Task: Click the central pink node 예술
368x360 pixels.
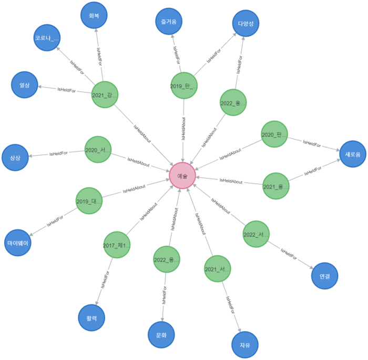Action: tap(182, 175)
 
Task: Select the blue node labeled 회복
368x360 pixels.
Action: tap(94, 15)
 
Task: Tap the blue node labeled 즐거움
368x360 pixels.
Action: tap(169, 22)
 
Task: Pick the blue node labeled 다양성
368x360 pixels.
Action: tap(246, 24)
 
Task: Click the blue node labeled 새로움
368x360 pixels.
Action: tap(352, 154)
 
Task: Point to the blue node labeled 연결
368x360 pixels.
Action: tap(324, 276)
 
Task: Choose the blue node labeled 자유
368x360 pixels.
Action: tap(245, 345)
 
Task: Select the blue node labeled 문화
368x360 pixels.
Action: tap(161, 335)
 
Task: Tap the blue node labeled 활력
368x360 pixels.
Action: tap(91, 318)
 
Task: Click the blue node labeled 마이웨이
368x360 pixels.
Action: tap(18, 243)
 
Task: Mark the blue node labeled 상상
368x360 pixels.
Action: tap(15, 157)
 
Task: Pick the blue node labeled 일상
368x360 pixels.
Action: tap(25, 85)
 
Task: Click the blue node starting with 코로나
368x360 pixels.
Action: tap(47, 38)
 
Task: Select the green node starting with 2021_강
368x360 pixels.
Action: tap(105, 95)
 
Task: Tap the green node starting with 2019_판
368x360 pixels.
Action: tap(183, 85)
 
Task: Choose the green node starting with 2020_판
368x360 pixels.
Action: tap(274, 134)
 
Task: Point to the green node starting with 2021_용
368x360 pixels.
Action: tap(276, 186)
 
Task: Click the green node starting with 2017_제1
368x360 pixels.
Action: tap(117, 245)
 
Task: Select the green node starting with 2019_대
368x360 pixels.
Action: tap(89, 201)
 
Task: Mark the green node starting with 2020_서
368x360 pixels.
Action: tap(98, 149)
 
